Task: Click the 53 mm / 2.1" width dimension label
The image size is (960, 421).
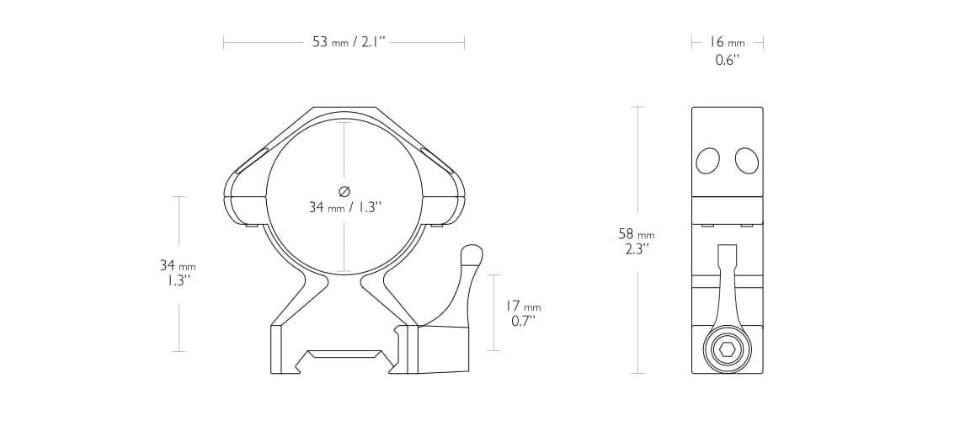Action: pyautogui.click(x=344, y=42)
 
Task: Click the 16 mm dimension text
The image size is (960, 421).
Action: pyautogui.click(x=728, y=42)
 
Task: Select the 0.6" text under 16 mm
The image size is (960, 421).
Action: pyautogui.click(x=727, y=61)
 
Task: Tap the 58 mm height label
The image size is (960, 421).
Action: pyautogui.click(x=636, y=234)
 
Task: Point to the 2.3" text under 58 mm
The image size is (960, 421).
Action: pyautogui.click(x=636, y=250)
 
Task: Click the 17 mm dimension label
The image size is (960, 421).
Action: pyautogui.click(x=523, y=306)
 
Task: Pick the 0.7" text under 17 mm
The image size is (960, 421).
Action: pyautogui.click(x=523, y=322)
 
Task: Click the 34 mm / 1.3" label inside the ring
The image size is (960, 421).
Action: pyautogui.click(x=344, y=207)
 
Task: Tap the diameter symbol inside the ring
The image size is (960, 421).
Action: pyautogui.click(x=344, y=189)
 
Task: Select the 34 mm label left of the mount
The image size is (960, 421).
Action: pyautogui.click(x=178, y=265)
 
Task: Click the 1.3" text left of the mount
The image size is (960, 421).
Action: pyautogui.click(x=178, y=281)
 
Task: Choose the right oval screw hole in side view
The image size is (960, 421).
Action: pyautogui.click(x=746, y=161)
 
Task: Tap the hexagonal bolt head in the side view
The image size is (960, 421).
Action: pyautogui.click(x=727, y=351)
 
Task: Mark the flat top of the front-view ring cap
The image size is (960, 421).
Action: pyautogui.click(x=344, y=109)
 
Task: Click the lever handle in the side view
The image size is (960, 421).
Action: pyautogui.click(x=727, y=286)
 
